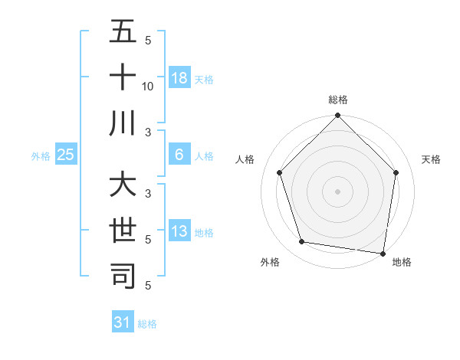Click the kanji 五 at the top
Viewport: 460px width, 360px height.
(x=123, y=32)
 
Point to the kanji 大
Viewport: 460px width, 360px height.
(x=123, y=185)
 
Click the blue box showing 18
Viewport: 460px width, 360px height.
(x=179, y=77)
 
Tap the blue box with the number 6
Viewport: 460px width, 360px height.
(x=179, y=155)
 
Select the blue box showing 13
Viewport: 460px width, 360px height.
(x=179, y=231)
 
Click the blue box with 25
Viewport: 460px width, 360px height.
(x=65, y=155)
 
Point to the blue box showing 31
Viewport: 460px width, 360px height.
(x=123, y=322)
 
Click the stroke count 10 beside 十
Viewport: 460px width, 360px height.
(x=148, y=86)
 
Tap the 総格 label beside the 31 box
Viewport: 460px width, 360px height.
(x=147, y=324)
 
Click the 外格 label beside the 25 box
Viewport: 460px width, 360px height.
(x=41, y=156)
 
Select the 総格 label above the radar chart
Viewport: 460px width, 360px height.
(x=338, y=100)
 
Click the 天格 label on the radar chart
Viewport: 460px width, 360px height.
(x=432, y=159)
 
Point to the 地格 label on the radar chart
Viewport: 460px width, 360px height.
(x=401, y=262)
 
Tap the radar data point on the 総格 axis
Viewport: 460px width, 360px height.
(x=337, y=116)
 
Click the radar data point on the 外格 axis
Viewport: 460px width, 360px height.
(x=302, y=242)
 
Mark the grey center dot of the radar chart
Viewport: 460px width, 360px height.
(x=337, y=191)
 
